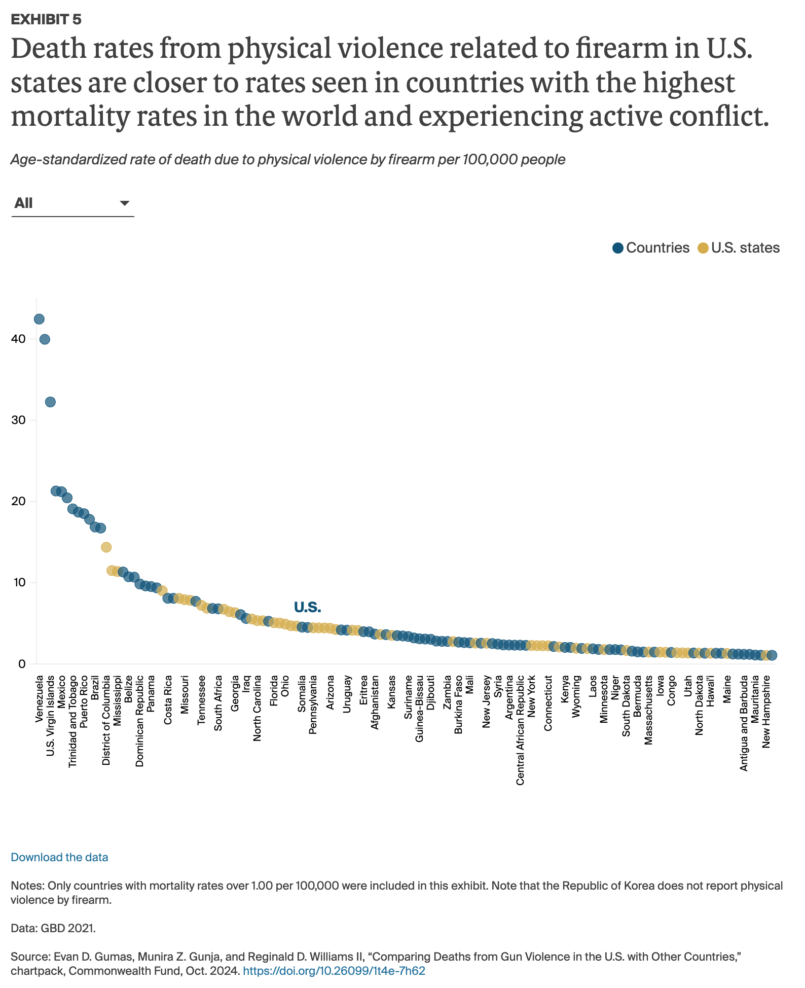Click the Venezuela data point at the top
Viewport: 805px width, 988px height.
pyautogui.click(x=39, y=319)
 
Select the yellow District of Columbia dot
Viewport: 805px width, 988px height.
pyautogui.click(x=106, y=547)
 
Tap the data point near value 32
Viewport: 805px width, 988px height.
pyautogui.click(x=50, y=402)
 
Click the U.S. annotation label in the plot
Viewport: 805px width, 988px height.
pyautogui.click(x=307, y=607)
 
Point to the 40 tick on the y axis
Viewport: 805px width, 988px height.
pyautogui.click(x=19, y=339)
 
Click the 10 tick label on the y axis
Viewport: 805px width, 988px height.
pyautogui.click(x=19, y=582)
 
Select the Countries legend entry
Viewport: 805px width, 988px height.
pyautogui.click(x=651, y=248)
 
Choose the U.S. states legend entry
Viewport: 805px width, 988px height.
pyautogui.click(x=739, y=248)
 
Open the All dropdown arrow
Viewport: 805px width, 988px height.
pyautogui.click(x=124, y=203)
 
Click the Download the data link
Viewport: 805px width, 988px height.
pyautogui.click(x=59, y=857)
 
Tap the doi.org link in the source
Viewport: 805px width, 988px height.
pyautogui.click(x=334, y=971)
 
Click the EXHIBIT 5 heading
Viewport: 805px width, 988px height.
pyautogui.click(x=46, y=19)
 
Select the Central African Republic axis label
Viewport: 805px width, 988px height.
pyautogui.click(x=520, y=730)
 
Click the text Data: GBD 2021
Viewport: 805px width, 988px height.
pyautogui.click(x=53, y=928)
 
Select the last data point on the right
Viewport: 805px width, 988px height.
pyautogui.click(x=772, y=655)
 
